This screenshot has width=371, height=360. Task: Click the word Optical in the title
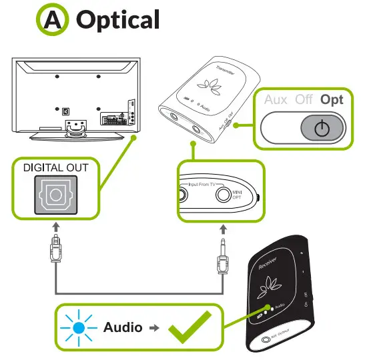tap(118, 19)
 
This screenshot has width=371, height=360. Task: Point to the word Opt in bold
tap(331, 99)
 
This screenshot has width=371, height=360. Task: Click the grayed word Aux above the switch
tap(276, 99)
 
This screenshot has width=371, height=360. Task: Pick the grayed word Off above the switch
tap(304, 99)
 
